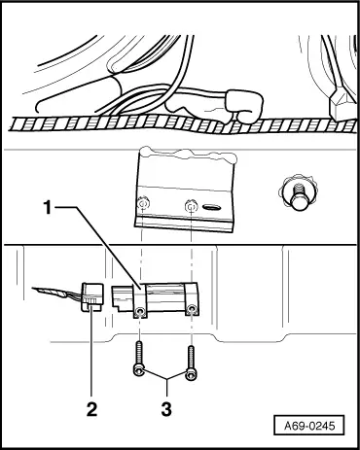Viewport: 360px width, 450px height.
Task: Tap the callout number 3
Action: click(167, 409)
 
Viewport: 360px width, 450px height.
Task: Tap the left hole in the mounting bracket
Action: click(143, 205)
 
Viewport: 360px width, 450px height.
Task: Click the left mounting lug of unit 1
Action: click(141, 311)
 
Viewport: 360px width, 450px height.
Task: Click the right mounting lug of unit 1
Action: click(194, 310)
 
